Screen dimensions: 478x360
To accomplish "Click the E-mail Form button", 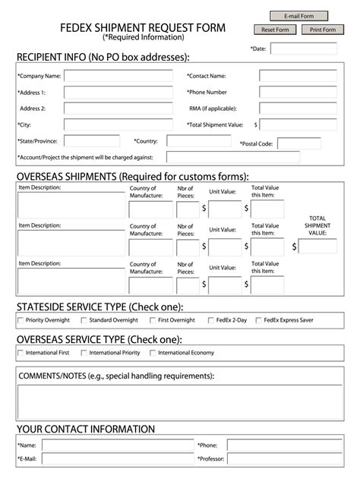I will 299,16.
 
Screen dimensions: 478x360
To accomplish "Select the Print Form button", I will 323,30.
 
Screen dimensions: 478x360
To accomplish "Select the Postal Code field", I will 298,143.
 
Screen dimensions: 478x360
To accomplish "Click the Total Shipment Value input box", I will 304,124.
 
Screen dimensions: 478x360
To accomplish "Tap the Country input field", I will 198,141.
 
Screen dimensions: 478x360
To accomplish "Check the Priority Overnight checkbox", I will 21,320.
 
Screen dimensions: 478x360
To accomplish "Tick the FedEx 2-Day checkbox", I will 210,320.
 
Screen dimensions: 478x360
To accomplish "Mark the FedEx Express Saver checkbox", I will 259,320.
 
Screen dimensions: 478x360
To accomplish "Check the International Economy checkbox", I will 153,353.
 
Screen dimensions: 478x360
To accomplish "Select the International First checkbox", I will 21,353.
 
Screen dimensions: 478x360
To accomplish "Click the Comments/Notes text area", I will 180,402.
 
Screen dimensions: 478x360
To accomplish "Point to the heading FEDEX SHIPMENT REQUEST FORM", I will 142,28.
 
